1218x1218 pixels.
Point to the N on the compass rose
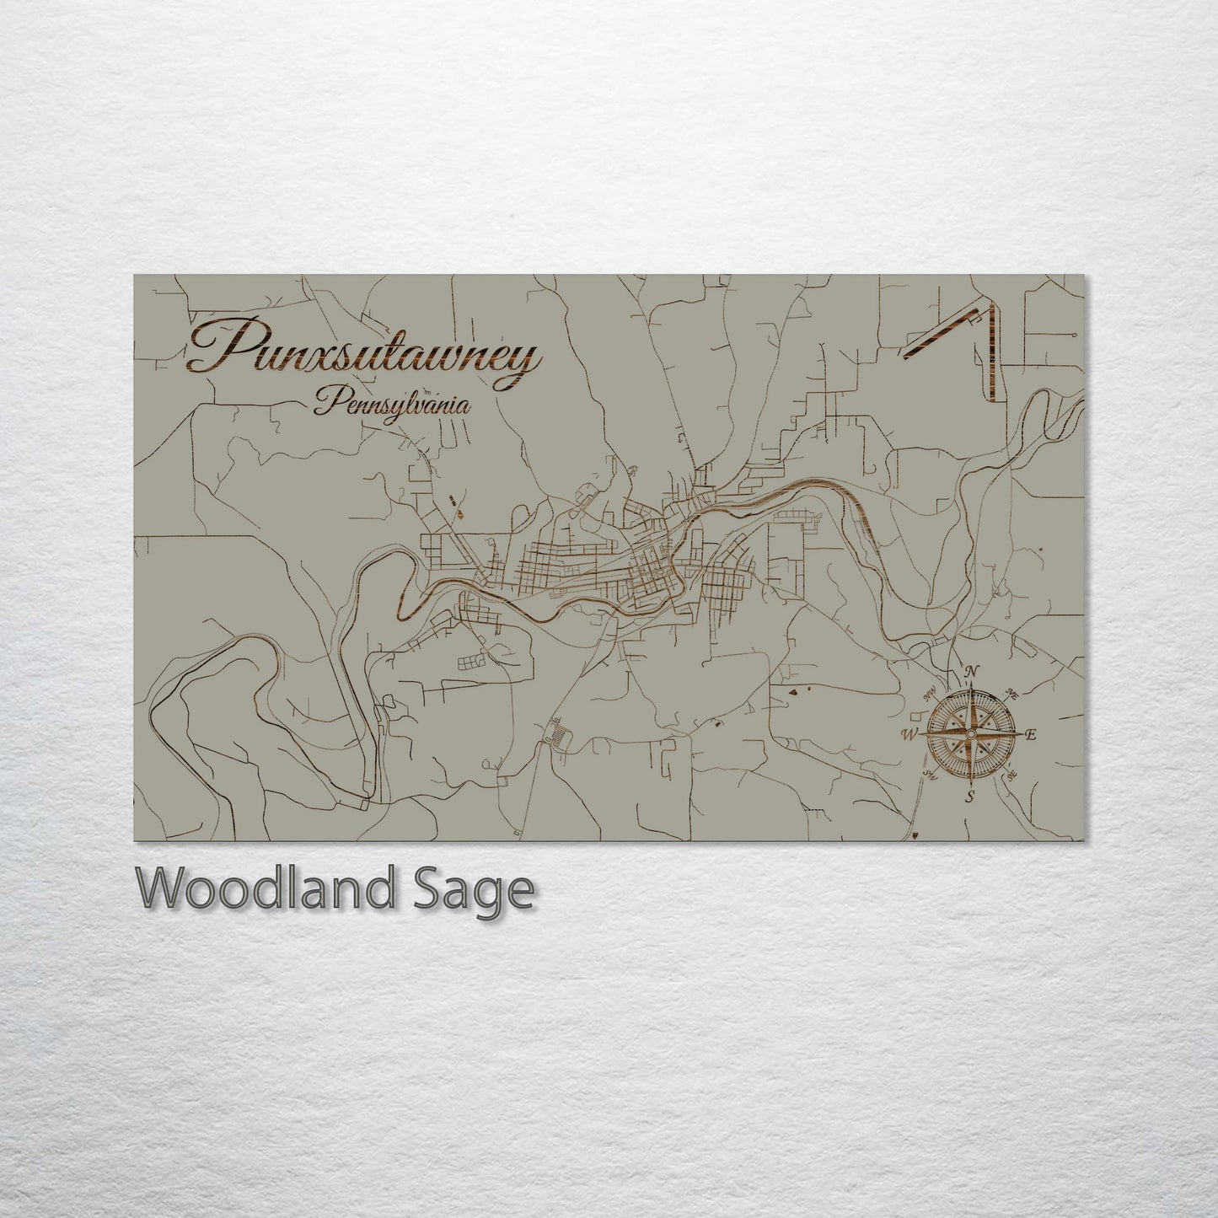click(x=971, y=671)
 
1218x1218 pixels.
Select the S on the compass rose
click(x=970, y=795)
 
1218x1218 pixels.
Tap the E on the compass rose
click(x=1031, y=734)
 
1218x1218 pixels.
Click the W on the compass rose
click(x=910, y=733)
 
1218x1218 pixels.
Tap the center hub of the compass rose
click(x=971, y=733)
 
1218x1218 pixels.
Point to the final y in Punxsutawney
click(x=524, y=362)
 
